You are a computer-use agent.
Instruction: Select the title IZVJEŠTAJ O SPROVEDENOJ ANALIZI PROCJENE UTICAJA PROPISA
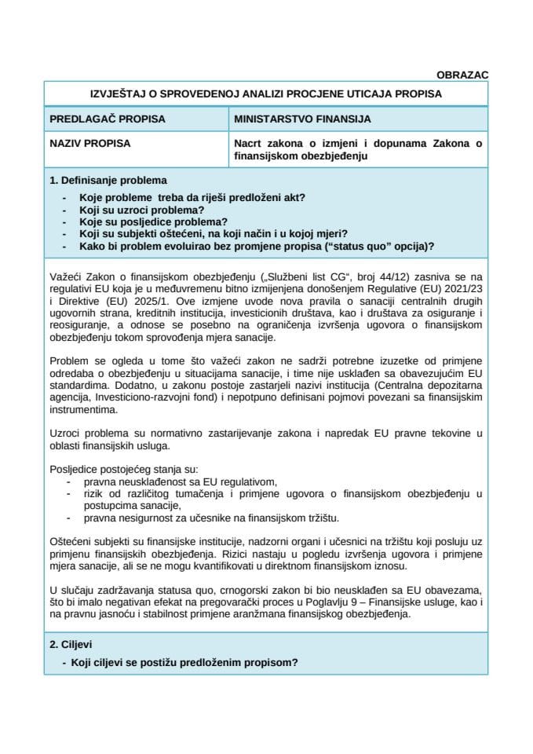(266, 93)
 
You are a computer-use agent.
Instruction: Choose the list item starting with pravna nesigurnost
(211, 518)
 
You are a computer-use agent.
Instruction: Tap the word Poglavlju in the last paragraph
(301, 604)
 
